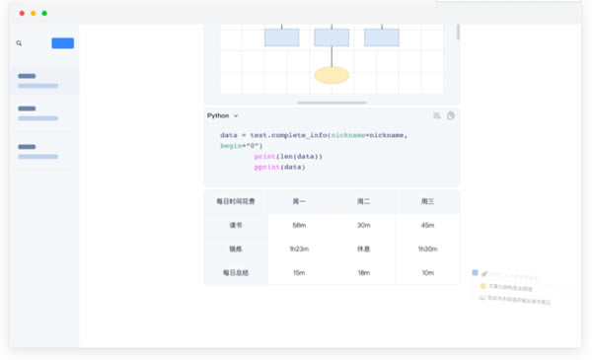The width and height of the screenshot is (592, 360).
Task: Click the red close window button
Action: pyautogui.click(x=21, y=13)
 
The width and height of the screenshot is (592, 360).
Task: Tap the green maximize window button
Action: pyautogui.click(x=44, y=13)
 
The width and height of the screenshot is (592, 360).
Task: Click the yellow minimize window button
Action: pyautogui.click(x=33, y=13)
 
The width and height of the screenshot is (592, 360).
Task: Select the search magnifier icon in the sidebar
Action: pyautogui.click(x=19, y=43)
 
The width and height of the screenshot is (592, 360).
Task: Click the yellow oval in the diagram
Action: pyautogui.click(x=332, y=75)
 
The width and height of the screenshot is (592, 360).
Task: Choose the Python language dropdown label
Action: pyautogui.click(x=221, y=115)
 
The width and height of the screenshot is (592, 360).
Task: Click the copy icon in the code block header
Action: pyautogui.click(x=450, y=115)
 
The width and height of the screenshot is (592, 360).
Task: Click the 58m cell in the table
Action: pyautogui.click(x=299, y=225)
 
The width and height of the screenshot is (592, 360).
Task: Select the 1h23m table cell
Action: pyautogui.click(x=299, y=249)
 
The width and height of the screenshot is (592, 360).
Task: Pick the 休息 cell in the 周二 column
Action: pyautogui.click(x=363, y=249)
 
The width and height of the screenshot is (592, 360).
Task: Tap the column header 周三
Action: pyautogui.click(x=427, y=201)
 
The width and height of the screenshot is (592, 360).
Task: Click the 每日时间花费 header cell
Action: pyautogui.click(x=235, y=201)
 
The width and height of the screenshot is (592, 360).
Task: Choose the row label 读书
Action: pyautogui.click(x=235, y=225)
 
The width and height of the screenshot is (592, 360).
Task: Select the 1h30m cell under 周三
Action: pyautogui.click(x=427, y=249)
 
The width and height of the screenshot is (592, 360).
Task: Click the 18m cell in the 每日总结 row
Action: pyautogui.click(x=363, y=272)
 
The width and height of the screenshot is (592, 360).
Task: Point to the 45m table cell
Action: pyautogui.click(x=427, y=225)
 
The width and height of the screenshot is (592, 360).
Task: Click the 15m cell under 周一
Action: pyautogui.click(x=299, y=272)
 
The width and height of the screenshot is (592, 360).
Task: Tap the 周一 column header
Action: pyautogui.click(x=299, y=201)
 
